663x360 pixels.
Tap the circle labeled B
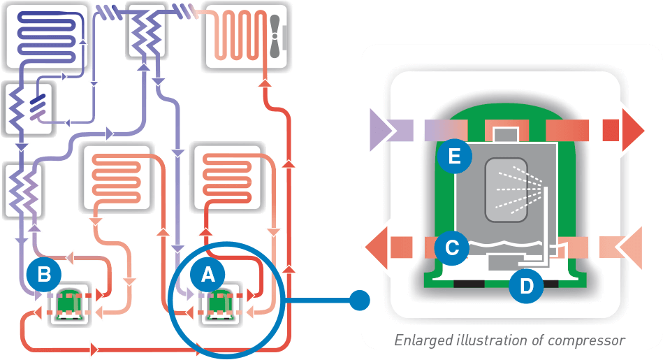click(44, 275)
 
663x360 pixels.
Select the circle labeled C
click(451, 247)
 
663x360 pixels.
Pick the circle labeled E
click(455, 157)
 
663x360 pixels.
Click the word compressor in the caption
click(590, 340)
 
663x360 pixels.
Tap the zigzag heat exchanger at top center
click(146, 31)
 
